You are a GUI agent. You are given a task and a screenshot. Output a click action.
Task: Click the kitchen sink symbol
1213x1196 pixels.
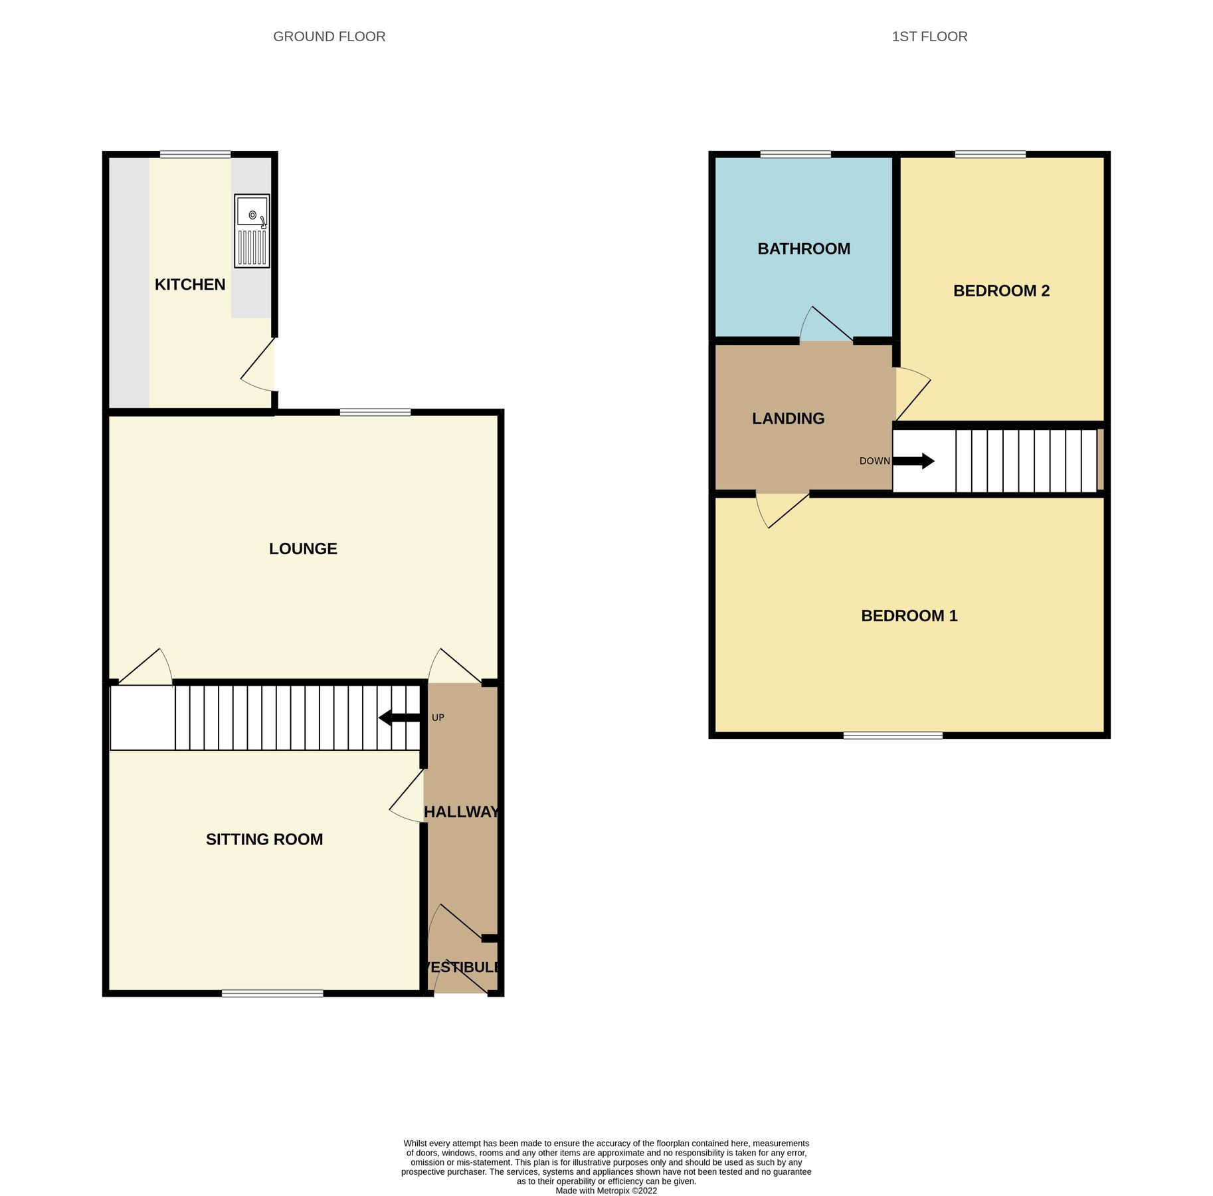click(x=252, y=231)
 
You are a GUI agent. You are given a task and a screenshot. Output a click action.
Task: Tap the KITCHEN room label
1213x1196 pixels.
click(x=190, y=284)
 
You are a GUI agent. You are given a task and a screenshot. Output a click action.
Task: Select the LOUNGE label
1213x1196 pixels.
click(x=303, y=548)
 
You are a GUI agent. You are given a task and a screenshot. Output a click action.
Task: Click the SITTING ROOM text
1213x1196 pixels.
click(x=264, y=839)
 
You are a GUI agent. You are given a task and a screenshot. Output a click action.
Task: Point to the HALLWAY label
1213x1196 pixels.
click(x=461, y=811)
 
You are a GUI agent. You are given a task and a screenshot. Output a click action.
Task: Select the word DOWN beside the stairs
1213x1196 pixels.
click(x=874, y=461)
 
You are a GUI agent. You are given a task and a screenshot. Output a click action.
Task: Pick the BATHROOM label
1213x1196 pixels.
click(x=804, y=249)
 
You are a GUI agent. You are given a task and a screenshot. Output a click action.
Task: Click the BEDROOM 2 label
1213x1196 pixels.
click(x=1001, y=290)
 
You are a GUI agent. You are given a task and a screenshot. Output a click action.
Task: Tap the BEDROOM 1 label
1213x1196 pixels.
click(x=909, y=615)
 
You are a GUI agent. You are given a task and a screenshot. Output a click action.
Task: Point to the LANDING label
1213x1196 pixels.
click(x=788, y=418)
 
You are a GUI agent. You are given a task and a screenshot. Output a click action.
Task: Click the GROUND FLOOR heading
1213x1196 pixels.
click(x=329, y=37)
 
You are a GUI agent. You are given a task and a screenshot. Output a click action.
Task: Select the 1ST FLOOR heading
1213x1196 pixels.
click(x=929, y=37)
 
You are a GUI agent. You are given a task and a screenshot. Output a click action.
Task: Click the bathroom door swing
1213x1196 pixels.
click(x=824, y=326)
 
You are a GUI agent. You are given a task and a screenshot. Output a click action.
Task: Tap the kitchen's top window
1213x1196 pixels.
click(x=195, y=155)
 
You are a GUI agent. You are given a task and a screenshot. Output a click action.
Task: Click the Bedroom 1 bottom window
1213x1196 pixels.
click(x=893, y=735)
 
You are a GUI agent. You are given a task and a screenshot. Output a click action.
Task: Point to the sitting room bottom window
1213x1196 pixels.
click(x=272, y=993)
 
